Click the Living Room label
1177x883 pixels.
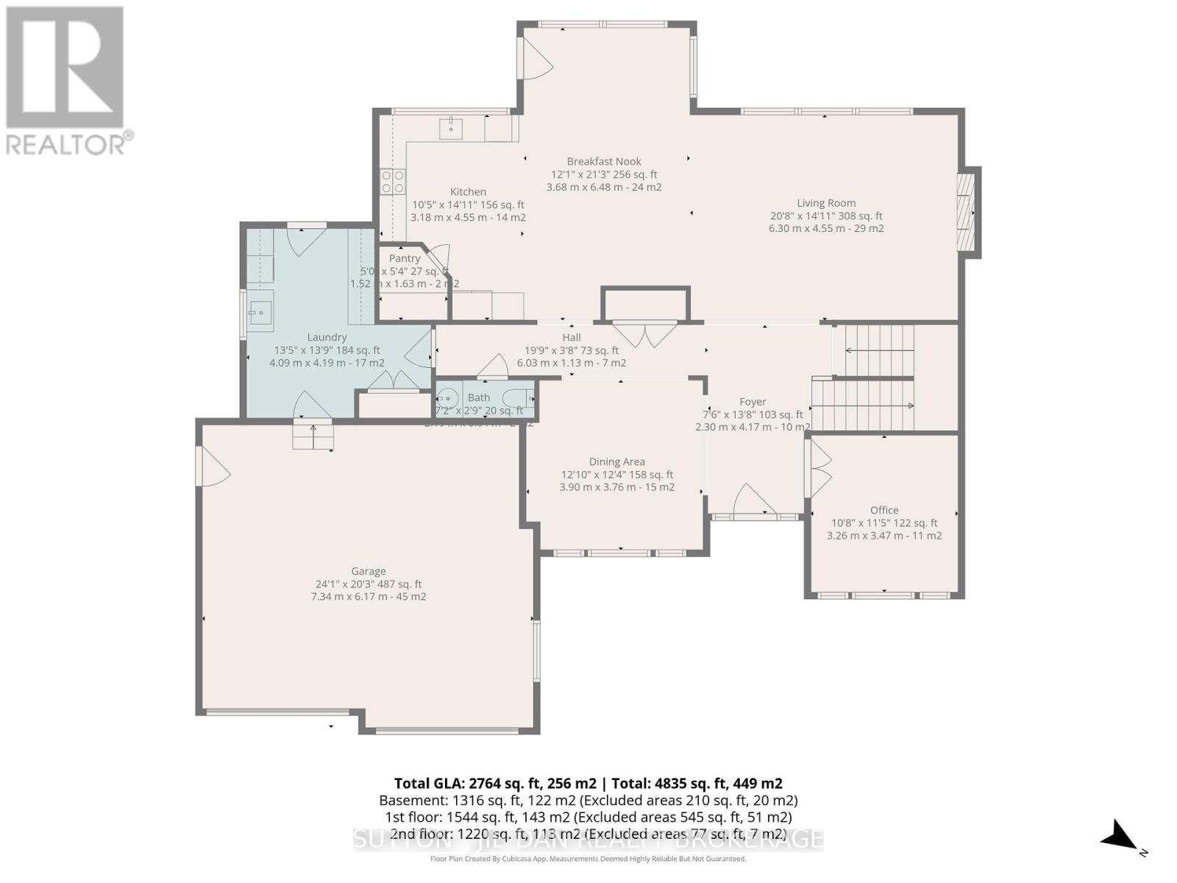click(x=826, y=203)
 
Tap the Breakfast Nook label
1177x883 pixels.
click(x=604, y=161)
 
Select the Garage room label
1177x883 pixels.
click(x=368, y=571)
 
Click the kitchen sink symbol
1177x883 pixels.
click(x=451, y=128)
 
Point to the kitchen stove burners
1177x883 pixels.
click(x=392, y=182)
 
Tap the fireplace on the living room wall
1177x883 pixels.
click(x=967, y=212)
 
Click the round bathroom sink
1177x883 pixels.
click(x=447, y=399)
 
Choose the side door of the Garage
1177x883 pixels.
click(x=212, y=467)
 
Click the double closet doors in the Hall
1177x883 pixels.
click(x=645, y=333)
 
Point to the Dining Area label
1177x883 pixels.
click(x=616, y=462)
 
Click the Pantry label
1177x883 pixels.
click(x=405, y=258)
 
